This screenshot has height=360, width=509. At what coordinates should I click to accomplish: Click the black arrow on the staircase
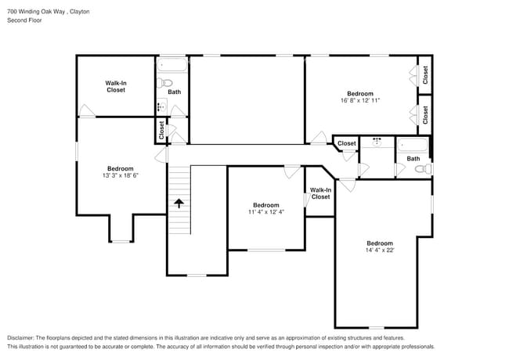click(x=179, y=203)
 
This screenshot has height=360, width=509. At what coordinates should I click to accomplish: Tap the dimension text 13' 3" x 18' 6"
click(x=121, y=175)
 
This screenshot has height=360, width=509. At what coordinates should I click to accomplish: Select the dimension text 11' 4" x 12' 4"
click(x=265, y=211)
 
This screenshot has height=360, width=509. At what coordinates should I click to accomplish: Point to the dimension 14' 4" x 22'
click(x=380, y=250)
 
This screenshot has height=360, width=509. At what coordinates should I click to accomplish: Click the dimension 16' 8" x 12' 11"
click(x=360, y=100)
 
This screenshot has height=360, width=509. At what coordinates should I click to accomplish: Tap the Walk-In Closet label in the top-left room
click(x=116, y=86)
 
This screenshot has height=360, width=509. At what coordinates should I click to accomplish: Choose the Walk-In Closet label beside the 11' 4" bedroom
click(x=320, y=193)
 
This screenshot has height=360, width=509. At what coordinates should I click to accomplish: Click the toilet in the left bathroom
click(x=165, y=82)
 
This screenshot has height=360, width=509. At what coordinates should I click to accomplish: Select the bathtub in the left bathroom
click(x=173, y=64)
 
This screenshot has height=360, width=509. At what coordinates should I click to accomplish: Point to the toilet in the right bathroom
click(x=421, y=169)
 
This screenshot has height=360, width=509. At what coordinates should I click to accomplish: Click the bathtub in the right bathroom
click(x=412, y=145)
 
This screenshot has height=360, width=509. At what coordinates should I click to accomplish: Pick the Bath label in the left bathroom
click(x=174, y=92)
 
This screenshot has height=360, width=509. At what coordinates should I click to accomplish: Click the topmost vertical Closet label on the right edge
click(x=425, y=74)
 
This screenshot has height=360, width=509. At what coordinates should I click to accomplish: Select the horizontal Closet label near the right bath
click(x=347, y=143)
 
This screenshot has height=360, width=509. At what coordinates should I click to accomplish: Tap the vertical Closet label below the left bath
click(x=162, y=130)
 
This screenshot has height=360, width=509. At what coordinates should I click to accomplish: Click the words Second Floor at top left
click(x=24, y=20)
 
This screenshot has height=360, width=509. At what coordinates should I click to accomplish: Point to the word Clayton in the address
click(x=79, y=11)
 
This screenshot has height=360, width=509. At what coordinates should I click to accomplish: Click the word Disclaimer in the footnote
click(x=23, y=337)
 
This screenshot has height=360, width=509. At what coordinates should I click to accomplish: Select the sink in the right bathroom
click(x=377, y=142)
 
